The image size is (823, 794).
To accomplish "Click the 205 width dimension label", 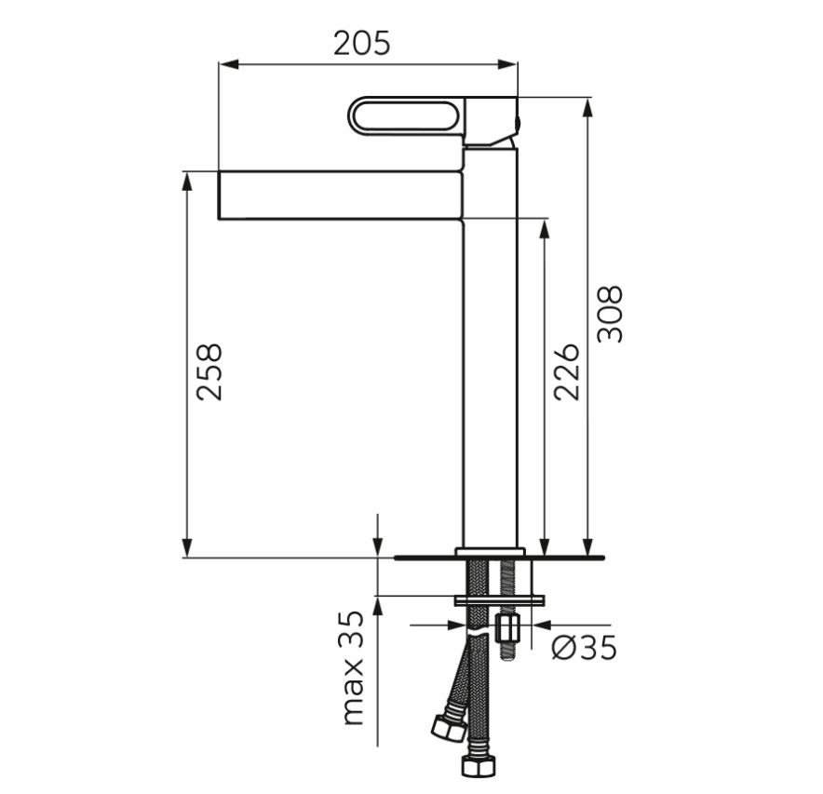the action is (x=362, y=43).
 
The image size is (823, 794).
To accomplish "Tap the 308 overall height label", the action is (x=611, y=314).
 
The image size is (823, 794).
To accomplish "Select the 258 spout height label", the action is (x=209, y=372).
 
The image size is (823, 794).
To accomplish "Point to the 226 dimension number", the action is (x=567, y=372).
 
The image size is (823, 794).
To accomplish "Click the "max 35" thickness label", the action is (x=353, y=668).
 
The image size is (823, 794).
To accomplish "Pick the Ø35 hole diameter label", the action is (x=584, y=647).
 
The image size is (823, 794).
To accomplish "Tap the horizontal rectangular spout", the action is (x=341, y=195).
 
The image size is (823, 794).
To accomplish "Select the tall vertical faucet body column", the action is (x=491, y=347).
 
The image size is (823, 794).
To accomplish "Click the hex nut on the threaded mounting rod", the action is (x=507, y=628).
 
